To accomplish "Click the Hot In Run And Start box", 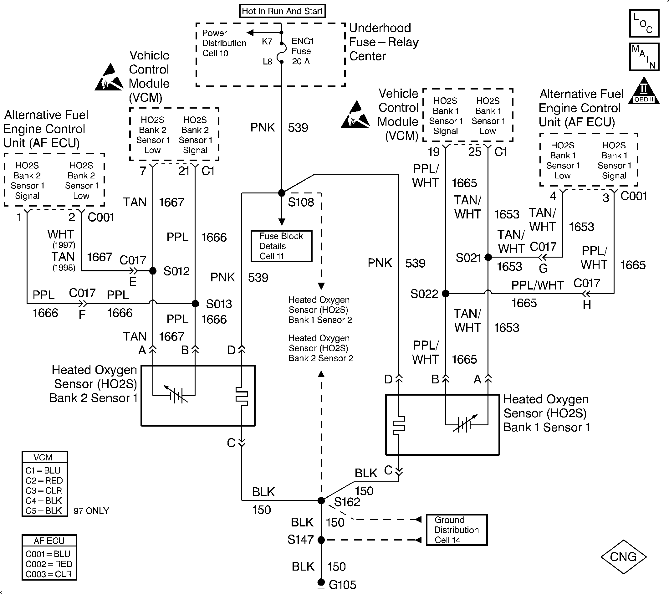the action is pyautogui.click(x=282, y=11).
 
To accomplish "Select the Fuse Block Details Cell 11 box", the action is pyautogui.click(x=281, y=246).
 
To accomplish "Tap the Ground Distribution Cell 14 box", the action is pyautogui.click(x=457, y=530).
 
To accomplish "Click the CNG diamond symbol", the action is pyautogui.click(x=624, y=557).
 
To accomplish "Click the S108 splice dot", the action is pyautogui.click(x=282, y=193).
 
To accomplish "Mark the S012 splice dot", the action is pyautogui.click(x=153, y=271).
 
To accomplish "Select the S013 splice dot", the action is pyautogui.click(x=196, y=303).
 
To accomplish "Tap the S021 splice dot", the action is pyautogui.click(x=488, y=257).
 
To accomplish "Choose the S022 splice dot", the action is pyautogui.click(x=446, y=293).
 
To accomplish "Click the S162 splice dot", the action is pyautogui.click(x=321, y=500).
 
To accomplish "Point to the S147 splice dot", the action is pyautogui.click(x=321, y=540).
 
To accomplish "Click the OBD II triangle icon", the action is pyautogui.click(x=644, y=90).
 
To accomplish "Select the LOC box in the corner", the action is pyautogui.click(x=644, y=23).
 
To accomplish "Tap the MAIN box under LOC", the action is pyautogui.click(x=644, y=57).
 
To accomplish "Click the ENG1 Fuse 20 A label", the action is pyautogui.click(x=302, y=51).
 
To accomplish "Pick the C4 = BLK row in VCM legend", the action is pyautogui.click(x=43, y=500).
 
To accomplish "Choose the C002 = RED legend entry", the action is pyautogui.click(x=49, y=564).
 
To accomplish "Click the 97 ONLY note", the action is pyautogui.click(x=91, y=511).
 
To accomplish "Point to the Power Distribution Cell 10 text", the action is pyautogui.click(x=224, y=43).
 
